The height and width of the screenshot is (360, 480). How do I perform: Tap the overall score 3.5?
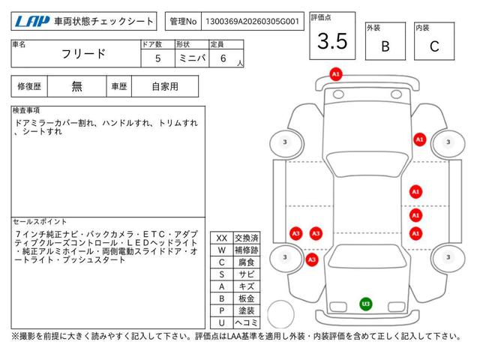[332, 42]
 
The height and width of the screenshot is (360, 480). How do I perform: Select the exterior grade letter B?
[385, 46]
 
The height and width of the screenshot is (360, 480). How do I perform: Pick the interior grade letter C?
[433, 46]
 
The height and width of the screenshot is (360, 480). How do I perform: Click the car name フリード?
[82, 55]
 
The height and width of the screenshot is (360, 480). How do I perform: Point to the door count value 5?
[157, 58]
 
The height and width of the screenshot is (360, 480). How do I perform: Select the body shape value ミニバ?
[191, 58]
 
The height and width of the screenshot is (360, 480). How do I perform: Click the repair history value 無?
[77, 86]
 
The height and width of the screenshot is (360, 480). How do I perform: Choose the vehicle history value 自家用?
[164, 86]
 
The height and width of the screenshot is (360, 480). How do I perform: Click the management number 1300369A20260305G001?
[250, 22]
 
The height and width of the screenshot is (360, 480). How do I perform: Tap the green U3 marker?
[365, 304]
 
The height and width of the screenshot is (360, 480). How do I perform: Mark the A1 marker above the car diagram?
[336, 74]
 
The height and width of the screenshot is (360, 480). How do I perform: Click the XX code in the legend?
[221, 238]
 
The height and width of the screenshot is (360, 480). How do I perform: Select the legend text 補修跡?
[245, 250]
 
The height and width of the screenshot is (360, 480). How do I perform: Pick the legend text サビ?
[245, 274]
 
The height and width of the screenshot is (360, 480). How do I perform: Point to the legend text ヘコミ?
[245, 322]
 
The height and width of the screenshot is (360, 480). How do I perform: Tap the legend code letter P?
[221, 310]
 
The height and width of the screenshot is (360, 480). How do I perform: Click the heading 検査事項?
[27, 110]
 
